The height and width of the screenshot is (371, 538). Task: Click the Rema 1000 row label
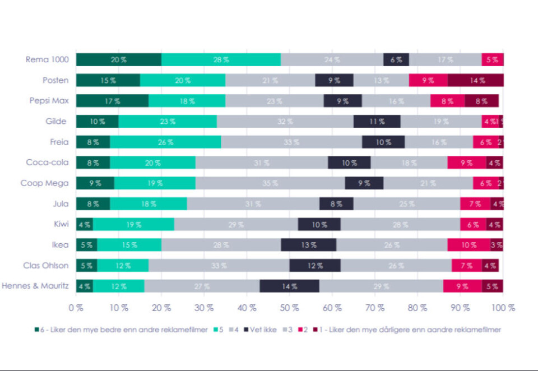[x=47, y=59]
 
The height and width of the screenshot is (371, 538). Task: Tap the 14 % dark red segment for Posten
[x=477, y=80]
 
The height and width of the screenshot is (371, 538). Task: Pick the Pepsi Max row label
[x=49, y=101]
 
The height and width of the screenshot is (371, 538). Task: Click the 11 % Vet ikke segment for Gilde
[x=377, y=122]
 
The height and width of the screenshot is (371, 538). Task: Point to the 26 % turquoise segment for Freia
[x=165, y=142]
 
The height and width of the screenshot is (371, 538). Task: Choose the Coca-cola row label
[x=48, y=163]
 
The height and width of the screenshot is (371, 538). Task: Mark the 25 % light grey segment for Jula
[x=407, y=204]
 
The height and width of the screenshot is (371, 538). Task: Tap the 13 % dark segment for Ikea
[x=309, y=245]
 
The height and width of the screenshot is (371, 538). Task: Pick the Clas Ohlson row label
[x=46, y=265]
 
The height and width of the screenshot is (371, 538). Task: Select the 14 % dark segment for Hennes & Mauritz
[x=290, y=286]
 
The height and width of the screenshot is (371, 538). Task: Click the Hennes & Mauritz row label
[x=35, y=286]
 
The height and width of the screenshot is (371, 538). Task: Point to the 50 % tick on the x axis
[x=290, y=307]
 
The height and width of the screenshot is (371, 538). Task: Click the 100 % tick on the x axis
[x=503, y=307]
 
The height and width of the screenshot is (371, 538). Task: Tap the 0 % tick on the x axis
[x=76, y=307]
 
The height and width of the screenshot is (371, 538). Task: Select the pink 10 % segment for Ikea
[x=469, y=245]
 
